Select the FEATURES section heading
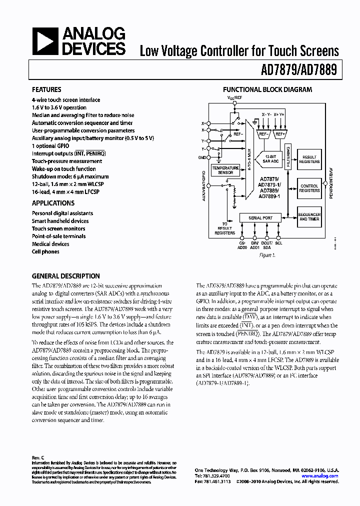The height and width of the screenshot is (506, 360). [46, 90]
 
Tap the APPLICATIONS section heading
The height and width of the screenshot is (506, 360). [53, 203]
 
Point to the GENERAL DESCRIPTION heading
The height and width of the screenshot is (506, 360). [65, 276]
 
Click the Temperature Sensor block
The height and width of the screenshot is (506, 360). [225, 169]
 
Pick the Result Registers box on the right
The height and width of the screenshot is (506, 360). [309, 159]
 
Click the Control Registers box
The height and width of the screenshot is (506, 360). [309, 188]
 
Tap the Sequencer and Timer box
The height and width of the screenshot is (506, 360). [309, 217]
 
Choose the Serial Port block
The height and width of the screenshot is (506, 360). [260, 217]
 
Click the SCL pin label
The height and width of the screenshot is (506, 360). [278, 243]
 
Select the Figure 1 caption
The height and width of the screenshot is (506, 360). [267, 254]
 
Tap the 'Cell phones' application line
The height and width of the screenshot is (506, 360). [45, 251]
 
